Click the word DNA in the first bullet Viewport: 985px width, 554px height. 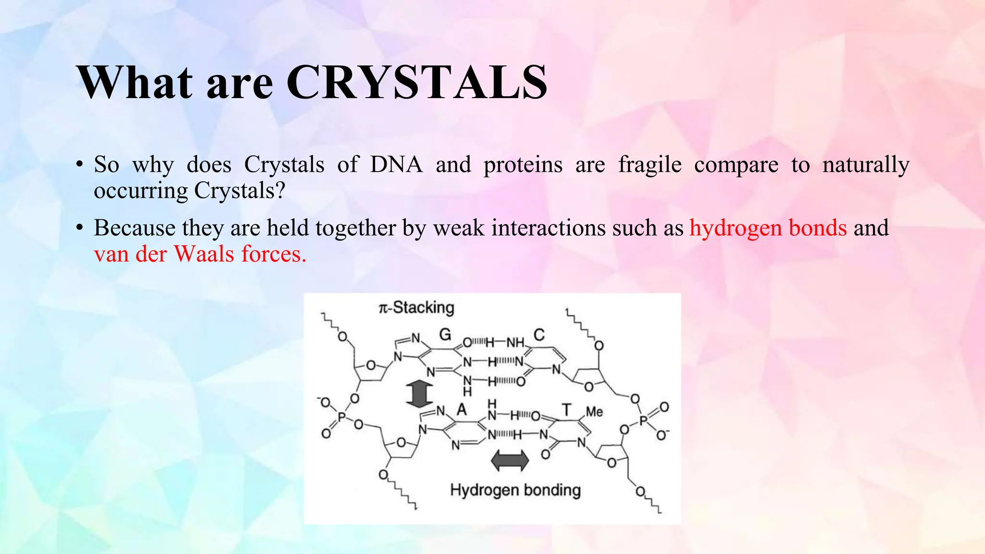[396, 165]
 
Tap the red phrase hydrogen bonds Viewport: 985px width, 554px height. [768, 228]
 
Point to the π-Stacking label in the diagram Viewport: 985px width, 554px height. [417, 307]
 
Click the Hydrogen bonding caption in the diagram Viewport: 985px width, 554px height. [515, 490]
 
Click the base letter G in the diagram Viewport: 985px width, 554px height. [445, 334]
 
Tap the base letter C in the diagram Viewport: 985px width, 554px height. [539, 335]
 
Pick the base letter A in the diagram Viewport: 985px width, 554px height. [462, 410]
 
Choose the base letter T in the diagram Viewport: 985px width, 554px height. [567, 410]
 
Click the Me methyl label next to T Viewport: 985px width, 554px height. [594, 412]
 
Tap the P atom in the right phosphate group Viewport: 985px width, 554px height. [644, 422]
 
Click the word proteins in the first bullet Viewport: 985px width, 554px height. [523, 165]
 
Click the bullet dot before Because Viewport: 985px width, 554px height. [79, 228]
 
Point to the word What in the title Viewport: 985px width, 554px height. [135, 83]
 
